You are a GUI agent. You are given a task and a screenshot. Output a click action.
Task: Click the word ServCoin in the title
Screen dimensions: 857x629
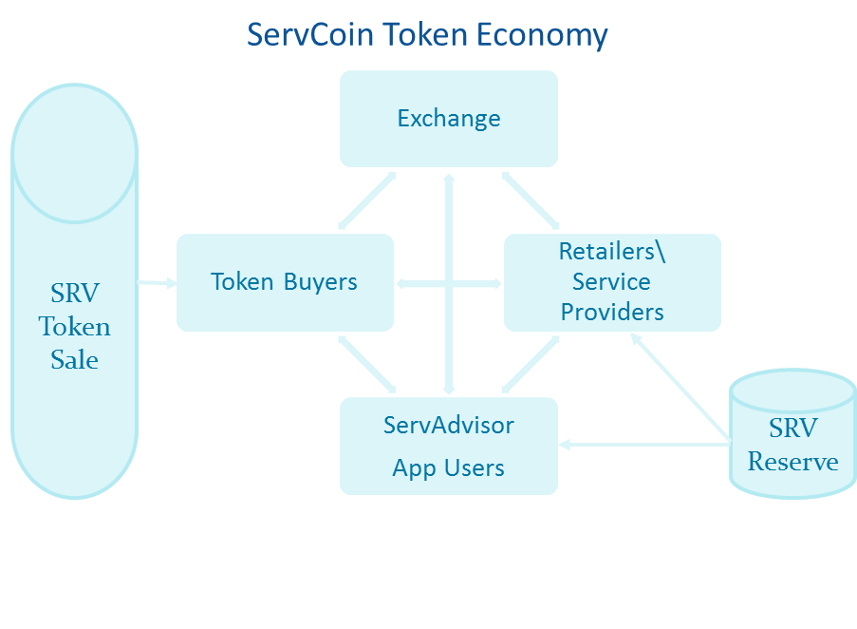(310, 34)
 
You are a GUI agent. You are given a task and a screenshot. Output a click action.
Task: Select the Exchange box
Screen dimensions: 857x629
(449, 119)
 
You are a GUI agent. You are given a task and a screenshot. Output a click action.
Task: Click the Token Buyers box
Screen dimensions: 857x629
(285, 283)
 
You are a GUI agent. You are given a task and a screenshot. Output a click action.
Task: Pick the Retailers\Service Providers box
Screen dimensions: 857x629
(612, 283)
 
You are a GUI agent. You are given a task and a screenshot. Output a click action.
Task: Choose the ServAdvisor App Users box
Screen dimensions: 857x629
(449, 447)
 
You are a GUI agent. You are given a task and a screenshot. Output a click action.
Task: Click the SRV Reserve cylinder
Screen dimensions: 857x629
(792, 433)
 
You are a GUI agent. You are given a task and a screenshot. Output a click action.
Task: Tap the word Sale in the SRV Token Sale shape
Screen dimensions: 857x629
(74, 360)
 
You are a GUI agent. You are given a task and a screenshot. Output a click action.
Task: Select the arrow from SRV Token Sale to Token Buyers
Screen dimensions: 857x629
(157, 283)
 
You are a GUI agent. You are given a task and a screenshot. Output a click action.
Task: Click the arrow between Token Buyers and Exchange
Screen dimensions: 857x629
(366, 200)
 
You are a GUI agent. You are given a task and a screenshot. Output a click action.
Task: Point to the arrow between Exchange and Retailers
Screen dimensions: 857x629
(531, 200)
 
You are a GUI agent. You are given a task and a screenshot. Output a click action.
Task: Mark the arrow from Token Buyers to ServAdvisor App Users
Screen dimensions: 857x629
(366, 364)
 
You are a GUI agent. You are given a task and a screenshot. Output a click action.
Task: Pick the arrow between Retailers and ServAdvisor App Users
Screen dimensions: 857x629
(531, 364)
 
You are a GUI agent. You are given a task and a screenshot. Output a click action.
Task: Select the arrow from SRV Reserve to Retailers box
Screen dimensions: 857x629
(681, 388)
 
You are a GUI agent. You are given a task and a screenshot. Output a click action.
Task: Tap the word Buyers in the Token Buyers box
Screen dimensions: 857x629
(320, 283)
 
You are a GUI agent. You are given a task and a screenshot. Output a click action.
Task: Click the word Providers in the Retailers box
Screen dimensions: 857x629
(612, 313)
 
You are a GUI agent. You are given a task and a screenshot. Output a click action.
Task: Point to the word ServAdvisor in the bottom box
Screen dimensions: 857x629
(449, 426)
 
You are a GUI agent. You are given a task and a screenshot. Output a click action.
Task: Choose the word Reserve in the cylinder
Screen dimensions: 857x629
(792, 462)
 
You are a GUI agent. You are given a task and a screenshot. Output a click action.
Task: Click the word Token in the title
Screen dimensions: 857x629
(424, 34)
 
